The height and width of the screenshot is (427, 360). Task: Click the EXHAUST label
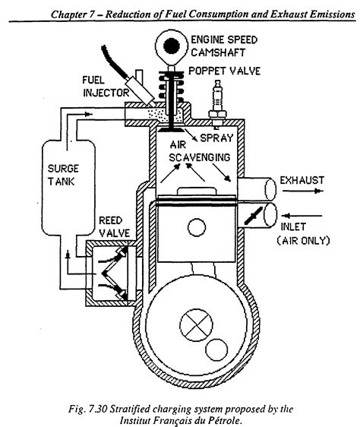click(302, 180)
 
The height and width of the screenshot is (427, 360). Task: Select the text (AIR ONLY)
click(302, 242)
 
